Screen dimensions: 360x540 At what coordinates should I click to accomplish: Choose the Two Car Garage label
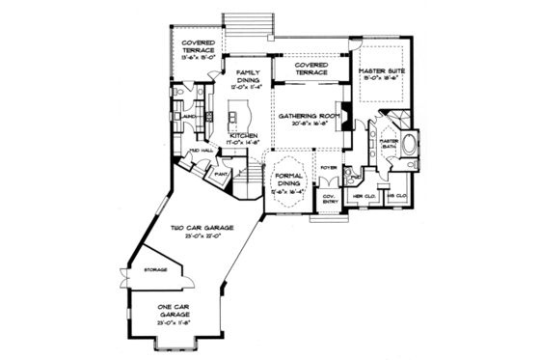point(197,230)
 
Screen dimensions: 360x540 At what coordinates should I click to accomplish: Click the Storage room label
point(155,270)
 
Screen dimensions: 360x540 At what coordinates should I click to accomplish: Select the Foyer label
point(328,167)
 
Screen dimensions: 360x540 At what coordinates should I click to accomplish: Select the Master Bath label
point(389,145)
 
